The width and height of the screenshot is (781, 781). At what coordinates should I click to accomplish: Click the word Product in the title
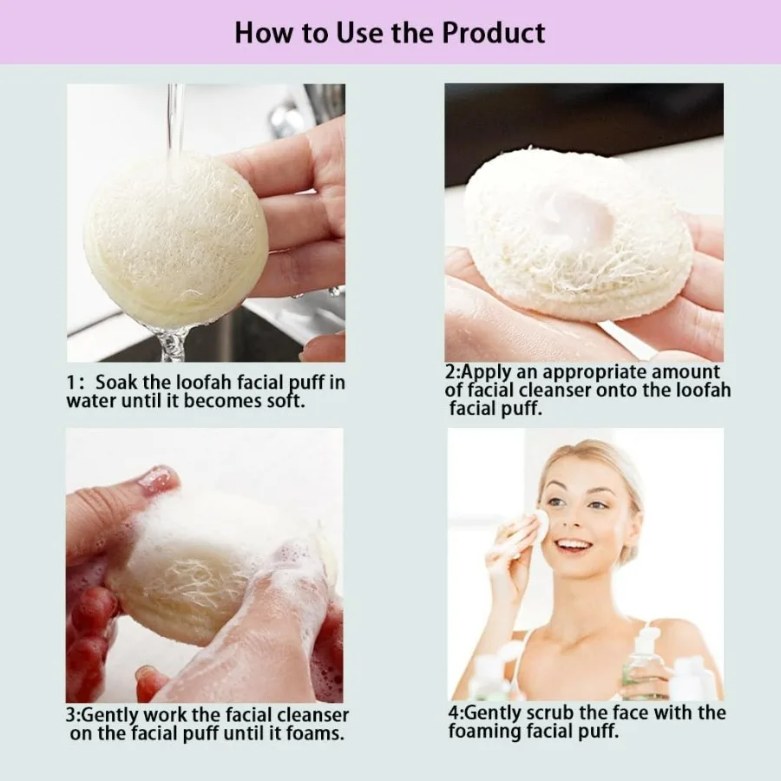coord(493,33)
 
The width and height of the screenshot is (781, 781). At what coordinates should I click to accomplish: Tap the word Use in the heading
coord(358,33)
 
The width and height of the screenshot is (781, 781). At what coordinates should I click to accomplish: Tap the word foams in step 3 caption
coord(318,733)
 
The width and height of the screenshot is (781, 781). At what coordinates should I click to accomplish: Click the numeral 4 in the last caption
coord(453,713)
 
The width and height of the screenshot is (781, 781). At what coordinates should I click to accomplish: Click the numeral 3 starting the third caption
coord(71,715)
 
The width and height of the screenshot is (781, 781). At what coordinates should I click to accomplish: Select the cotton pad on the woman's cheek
coord(539,526)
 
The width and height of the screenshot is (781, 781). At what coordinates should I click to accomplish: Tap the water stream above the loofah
coord(175,120)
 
